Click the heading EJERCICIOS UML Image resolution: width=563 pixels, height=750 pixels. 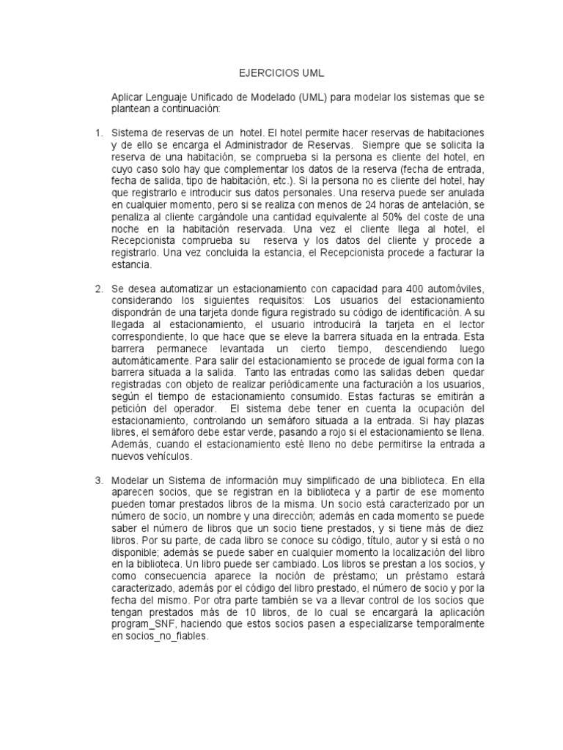[x=281, y=74]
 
